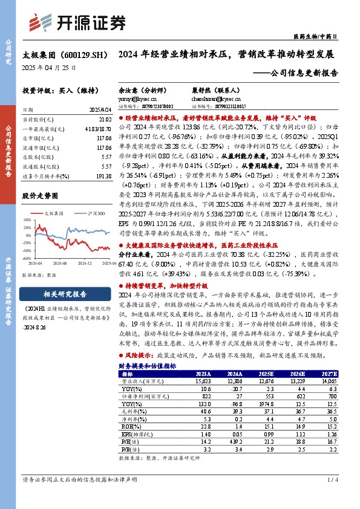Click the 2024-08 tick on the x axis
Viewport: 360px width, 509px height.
[59, 264]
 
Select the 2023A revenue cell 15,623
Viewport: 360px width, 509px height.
[202, 381]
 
